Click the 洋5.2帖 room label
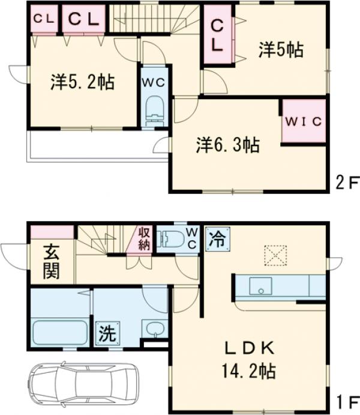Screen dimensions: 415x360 [83, 83]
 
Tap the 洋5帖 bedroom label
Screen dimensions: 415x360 [280, 50]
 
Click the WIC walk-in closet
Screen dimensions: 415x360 [304, 121]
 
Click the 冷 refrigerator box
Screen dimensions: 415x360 [217, 240]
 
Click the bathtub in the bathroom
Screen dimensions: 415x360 [58, 332]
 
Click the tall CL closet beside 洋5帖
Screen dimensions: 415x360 [217, 35]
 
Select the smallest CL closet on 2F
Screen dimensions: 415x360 [43, 19]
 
